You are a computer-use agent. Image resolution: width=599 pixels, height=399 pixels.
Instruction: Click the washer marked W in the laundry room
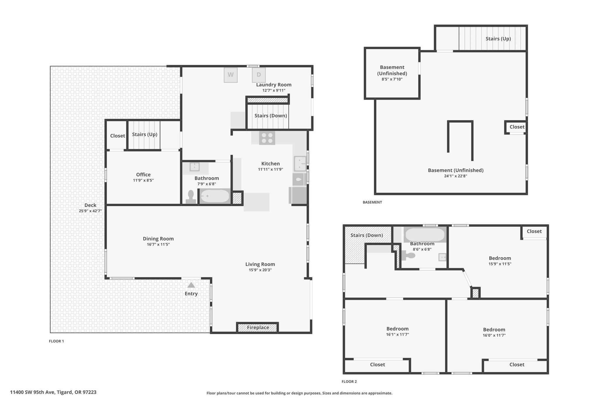pyautogui.click(x=230, y=75)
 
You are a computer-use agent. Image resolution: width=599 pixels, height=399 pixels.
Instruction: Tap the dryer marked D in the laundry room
pyautogui.click(x=259, y=75)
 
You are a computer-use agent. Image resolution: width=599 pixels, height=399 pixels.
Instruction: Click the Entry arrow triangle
pyautogui.click(x=191, y=285)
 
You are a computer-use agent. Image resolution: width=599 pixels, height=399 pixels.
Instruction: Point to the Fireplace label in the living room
pyautogui.click(x=258, y=327)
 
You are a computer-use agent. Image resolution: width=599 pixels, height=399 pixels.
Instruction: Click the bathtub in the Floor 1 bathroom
pyautogui.click(x=215, y=196)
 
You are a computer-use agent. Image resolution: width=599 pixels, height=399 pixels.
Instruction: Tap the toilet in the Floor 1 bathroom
pyautogui.click(x=191, y=197)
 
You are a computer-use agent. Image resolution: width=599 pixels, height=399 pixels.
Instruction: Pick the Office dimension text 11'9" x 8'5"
pyautogui.click(x=143, y=180)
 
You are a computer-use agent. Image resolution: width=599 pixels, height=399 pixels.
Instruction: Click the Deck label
pyautogui.click(x=90, y=205)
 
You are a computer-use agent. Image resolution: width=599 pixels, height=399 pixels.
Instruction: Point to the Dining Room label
pyautogui.click(x=158, y=239)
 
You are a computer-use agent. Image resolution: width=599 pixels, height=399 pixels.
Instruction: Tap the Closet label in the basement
pyautogui.click(x=517, y=127)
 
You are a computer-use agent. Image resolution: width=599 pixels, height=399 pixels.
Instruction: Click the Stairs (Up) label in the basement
pyautogui.click(x=498, y=39)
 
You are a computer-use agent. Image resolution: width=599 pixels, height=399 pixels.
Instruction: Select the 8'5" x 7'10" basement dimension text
pyautogui.click(x=392, y=79)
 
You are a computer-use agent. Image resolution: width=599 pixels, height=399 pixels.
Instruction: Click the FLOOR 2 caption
pyautogui.click(x=349, y=381)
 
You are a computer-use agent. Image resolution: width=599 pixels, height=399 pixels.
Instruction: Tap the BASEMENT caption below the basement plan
pyautogui.click(x=372, y=202)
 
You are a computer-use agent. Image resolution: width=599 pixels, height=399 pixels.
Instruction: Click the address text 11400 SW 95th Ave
pyautogui.click(x=32, y=392)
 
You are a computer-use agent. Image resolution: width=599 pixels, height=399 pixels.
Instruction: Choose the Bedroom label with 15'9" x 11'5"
pyautogui.click(x=500, y=258)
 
